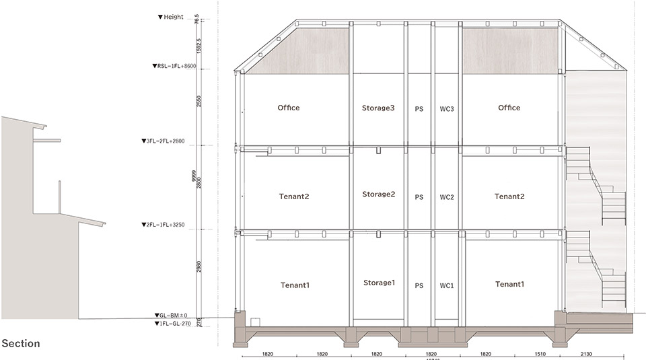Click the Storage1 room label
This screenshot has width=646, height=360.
coord(379,283)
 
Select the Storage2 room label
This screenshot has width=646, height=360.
coord(379,194)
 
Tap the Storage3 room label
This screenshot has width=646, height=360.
coord(379,108)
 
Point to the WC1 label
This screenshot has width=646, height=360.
coord(447,286)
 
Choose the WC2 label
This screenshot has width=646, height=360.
coord(447,197)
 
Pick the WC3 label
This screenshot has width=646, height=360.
coord(447,108)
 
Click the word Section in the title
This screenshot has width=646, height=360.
coord(21,344)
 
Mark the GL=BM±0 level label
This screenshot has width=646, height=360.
coord(170,316)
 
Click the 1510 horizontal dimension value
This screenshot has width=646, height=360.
coord(540,353)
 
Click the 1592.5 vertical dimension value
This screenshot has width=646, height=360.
coord(197,44)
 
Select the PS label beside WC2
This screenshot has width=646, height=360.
coord(419,197)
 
